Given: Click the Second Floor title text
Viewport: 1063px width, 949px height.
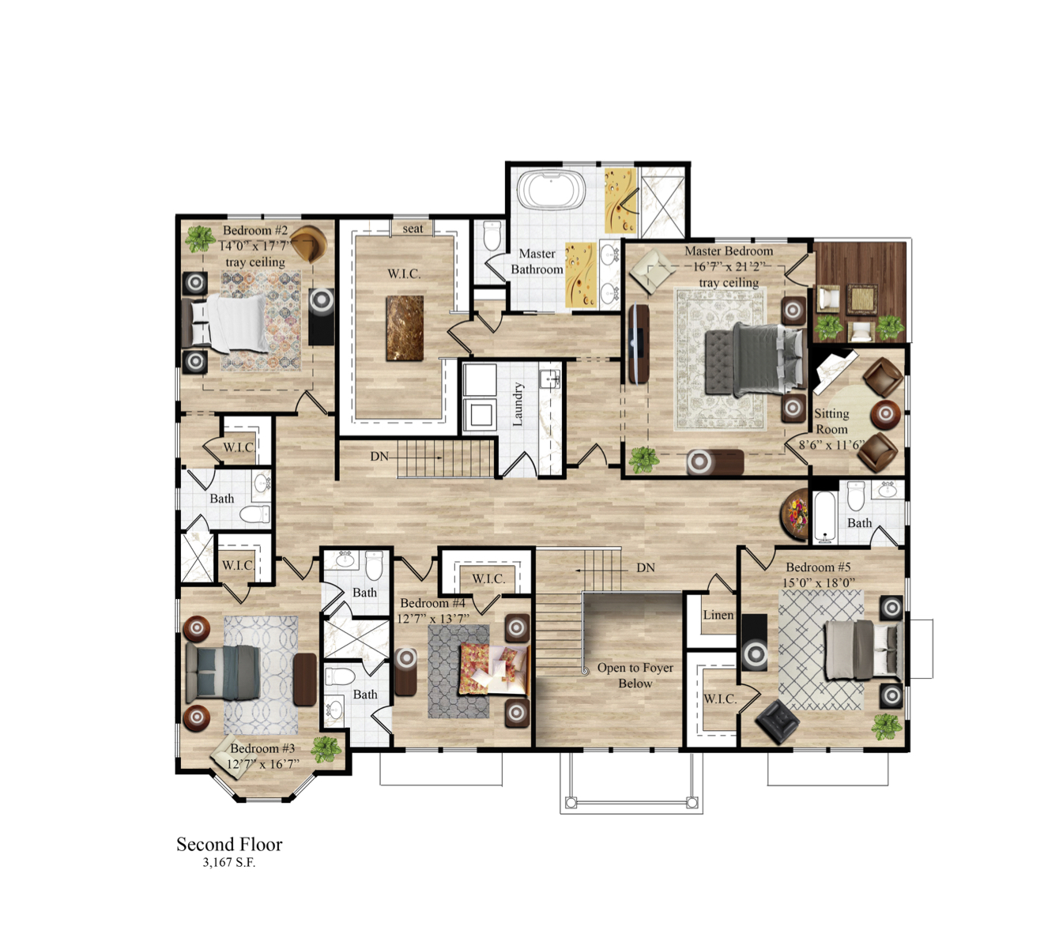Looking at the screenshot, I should pyautogui.click(x=229, y=844).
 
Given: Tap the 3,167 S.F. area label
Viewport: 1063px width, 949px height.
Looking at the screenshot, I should pyautogui.click(x=229, y=862).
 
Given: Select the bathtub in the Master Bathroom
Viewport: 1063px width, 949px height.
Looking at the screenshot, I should pyautogui.click(x=551, y=190).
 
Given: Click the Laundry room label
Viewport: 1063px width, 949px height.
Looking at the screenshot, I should pyautogui.click(x=518, y=404).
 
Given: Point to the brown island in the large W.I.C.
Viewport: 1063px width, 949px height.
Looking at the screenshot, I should pyautogui.click(x=405, y=328).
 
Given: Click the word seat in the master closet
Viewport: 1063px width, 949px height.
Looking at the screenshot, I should pyautogui.click(x=413, y=228).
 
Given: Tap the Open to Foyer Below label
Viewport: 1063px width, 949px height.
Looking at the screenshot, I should pyautogui.click(x=635, y=676).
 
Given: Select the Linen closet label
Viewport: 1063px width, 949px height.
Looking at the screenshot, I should pyautogui.click(x=718, y=615).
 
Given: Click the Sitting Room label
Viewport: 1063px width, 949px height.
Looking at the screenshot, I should pyautogui.click(x=831, y=421).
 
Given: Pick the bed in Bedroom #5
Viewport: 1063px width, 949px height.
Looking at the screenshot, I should pyautogui.click(x=862, y=650).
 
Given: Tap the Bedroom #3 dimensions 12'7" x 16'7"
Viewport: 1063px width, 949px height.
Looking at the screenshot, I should pyautogui.click(x=262, y=764).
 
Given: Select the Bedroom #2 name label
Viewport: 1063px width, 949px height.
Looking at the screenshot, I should pyautogui.click(x=255, y=231).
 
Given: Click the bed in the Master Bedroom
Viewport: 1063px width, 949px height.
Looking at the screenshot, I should pyautogui.click(x=754, y=360).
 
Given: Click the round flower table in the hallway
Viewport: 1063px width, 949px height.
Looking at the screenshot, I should pyautogui.click(x=795, y=514).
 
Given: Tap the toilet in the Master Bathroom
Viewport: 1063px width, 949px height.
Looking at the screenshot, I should pyautogui.click(x=492, y=235).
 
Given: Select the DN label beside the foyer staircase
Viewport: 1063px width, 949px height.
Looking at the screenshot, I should pyautogui.click(x=645, y=567).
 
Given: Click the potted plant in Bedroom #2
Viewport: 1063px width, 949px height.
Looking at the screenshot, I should pyautogui.click(x=200, y=238).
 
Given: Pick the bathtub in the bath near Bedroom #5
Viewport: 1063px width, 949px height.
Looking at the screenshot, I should pyautogui.click(x=824, y=518).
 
